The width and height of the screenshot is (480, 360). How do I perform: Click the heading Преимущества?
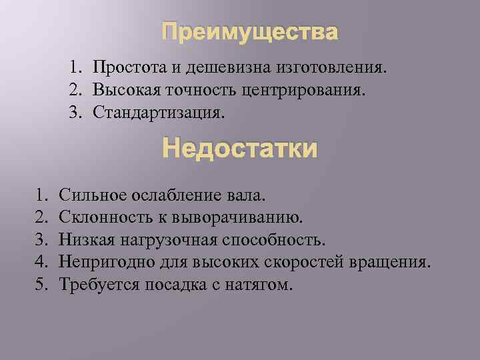(250, 32)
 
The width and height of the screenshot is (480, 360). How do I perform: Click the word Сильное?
(89, 195)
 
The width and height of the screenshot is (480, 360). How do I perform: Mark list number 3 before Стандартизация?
(76, 111)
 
